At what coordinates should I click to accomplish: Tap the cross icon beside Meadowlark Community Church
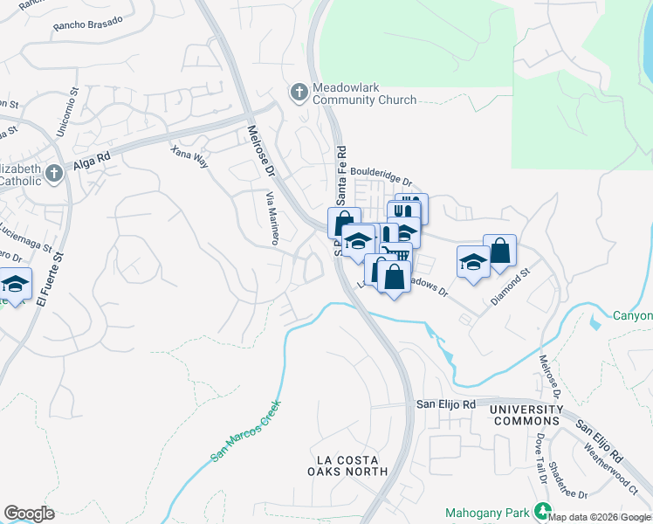[x=299, y=92]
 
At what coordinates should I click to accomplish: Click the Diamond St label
[x=510, y=286]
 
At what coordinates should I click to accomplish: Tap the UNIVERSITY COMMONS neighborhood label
[x=526, y=415]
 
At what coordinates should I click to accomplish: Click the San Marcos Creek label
[x=247, y=431]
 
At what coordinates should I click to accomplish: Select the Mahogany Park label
[x=490, y=512]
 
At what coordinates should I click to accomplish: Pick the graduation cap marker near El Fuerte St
[x=15, y=285]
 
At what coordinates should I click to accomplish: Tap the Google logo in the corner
[x=29, y=514]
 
